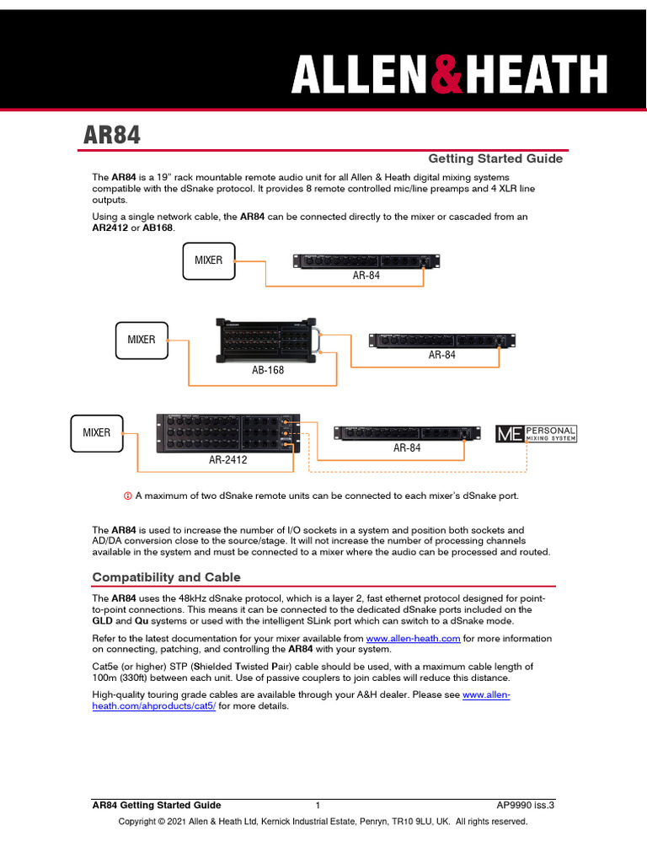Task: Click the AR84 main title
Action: point(111,136)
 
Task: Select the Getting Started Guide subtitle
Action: point(495,158)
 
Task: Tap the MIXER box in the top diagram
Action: point(209,260)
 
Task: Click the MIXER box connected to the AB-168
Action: point(142,340)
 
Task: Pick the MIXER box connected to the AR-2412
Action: point(96,432)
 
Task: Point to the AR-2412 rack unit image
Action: point(228,433)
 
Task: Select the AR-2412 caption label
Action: point(228,461)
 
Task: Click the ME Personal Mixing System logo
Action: point(537,434)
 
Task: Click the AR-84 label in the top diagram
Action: point(366,276)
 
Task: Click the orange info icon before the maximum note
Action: point(128,495)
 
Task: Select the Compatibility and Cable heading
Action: point(166,577)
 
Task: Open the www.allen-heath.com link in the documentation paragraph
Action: point(413,639)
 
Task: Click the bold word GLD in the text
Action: point(103,620)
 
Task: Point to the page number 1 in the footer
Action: point(318,805)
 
